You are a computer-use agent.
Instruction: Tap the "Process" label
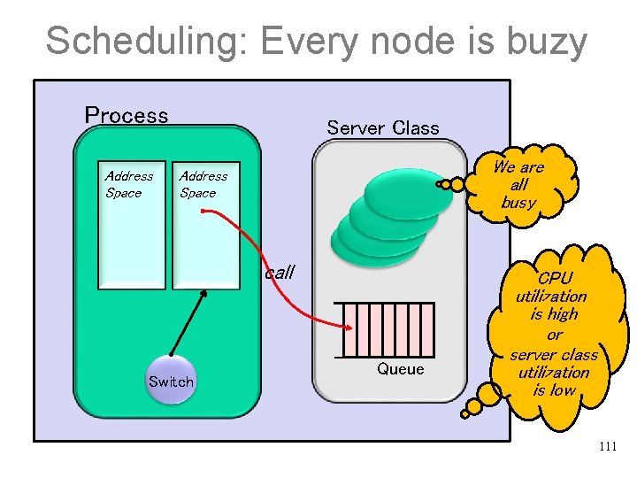(127, 115)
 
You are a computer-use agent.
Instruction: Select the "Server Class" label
(383, 127)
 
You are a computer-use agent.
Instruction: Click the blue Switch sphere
(171, 382)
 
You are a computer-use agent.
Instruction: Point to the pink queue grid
(388, 328)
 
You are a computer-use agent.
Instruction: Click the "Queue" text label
(401, 369)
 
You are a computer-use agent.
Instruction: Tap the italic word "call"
(280, 273)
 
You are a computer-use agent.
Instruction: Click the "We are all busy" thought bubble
(518, 184)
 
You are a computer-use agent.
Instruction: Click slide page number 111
(607, 446)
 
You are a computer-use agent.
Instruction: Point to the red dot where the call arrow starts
(203, 211)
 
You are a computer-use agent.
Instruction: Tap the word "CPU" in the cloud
(555, 279)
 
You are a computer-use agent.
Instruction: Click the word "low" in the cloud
(564, 389)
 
